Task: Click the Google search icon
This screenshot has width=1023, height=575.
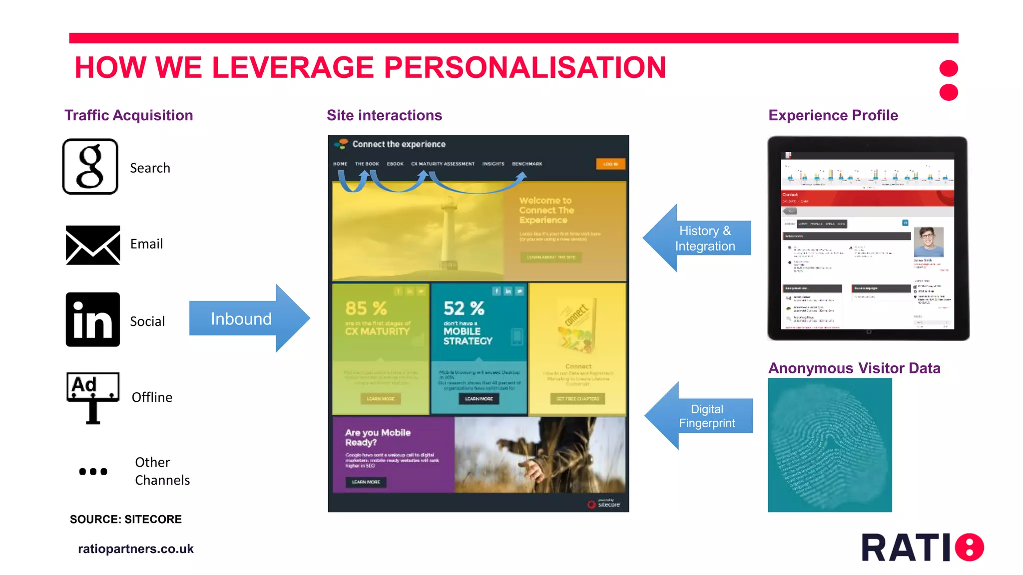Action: [x=90, y=167]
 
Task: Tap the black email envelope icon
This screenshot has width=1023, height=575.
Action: [x=93, y=245]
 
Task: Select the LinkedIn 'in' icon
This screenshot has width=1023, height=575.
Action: [x=93, y=319]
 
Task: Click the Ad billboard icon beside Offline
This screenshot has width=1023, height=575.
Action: [x=93, y=397]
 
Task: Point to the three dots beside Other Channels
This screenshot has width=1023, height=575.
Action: [x=93, y=472]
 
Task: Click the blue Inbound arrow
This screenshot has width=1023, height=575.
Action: [x=248, y=318]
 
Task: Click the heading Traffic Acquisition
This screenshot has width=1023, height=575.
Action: [x=128, y=115]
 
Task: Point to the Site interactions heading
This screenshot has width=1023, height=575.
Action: [x=384, y=115]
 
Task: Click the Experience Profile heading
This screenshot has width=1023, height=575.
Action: [x=833, y=115]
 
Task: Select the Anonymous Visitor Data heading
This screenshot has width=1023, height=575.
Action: [x=854, y=368]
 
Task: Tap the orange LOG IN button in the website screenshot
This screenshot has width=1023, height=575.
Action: [x=610, y=164]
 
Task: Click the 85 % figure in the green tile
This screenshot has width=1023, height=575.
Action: [x=366, y=308]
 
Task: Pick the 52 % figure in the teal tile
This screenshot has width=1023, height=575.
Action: [x=464, y=308]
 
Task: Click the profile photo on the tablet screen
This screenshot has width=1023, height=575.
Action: [x=929, y=242]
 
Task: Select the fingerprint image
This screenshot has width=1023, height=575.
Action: [x=830, y=445]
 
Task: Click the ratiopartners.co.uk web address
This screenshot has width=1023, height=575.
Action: [x=136, y=549]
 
